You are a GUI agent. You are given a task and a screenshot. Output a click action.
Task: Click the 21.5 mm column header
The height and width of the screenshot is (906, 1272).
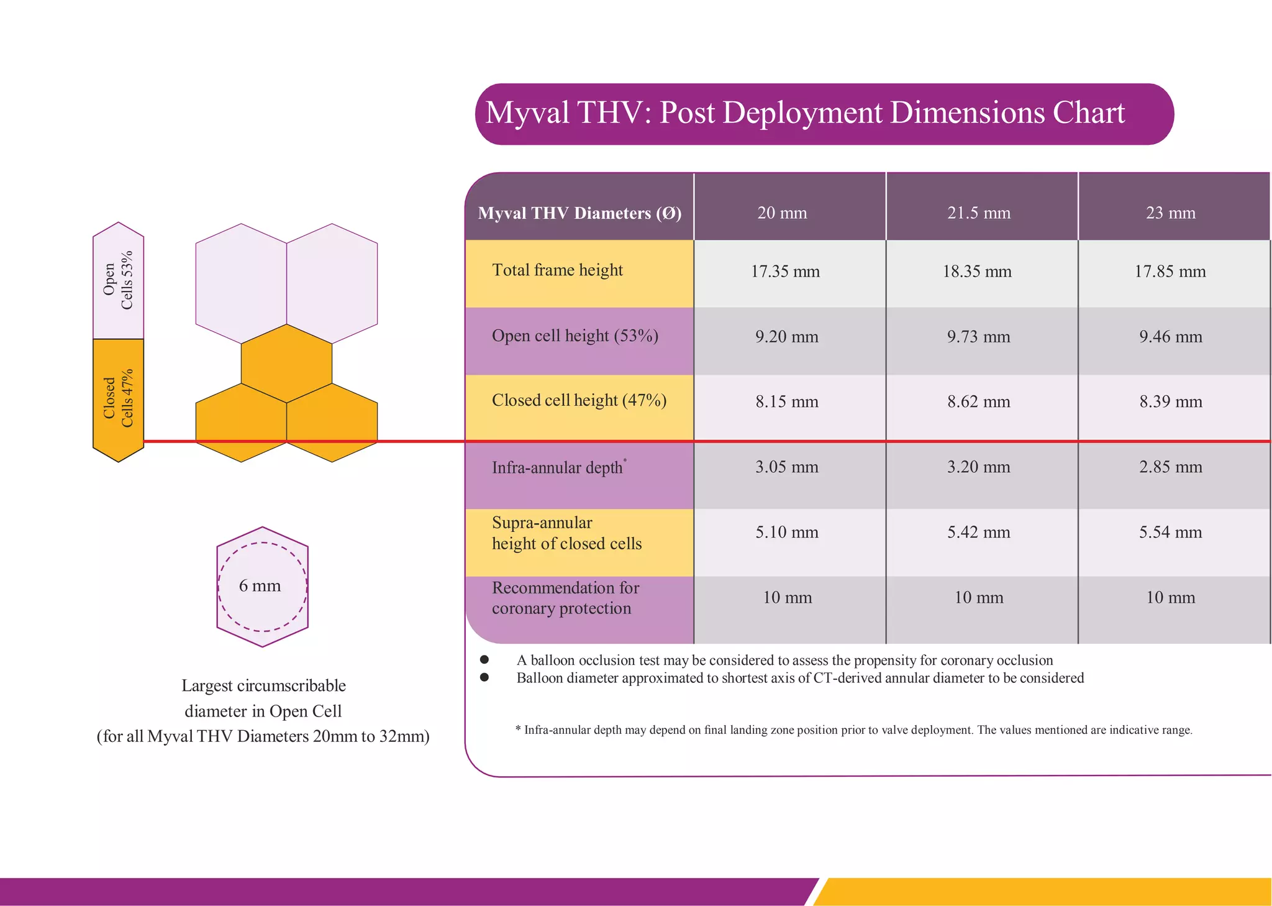[x=979, y=213]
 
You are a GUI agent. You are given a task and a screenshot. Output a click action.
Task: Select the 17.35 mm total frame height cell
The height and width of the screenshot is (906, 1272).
[x=785, y=272]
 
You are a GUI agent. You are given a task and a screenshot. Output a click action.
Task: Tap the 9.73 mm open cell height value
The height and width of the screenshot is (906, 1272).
[x=978, y=337]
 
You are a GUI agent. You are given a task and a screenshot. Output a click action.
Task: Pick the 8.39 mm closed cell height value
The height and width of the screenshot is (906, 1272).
[x=1170, y=402]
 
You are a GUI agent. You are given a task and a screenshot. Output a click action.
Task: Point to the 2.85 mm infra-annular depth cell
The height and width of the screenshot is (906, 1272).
[x=1170, y=467]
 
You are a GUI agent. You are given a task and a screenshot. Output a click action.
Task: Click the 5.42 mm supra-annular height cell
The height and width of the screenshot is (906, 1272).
[x=978, y=533]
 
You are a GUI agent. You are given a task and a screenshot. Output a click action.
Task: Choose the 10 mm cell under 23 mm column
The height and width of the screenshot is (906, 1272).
[x=1170, y=598]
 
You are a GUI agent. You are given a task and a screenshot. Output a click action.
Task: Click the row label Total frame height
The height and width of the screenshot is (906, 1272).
[x=557, y=270]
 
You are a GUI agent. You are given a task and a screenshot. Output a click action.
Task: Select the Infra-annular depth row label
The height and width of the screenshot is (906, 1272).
[x=557, y=467]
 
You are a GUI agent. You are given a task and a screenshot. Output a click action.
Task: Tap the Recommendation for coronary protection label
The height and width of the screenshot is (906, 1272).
[x=565, y=598]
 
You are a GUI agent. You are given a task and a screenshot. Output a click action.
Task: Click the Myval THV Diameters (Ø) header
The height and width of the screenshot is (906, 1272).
[x=579, y=213]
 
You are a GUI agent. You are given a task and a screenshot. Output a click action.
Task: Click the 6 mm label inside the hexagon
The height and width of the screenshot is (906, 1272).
[x=260, y=586]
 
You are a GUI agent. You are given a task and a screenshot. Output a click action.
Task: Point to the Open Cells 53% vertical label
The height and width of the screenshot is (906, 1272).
[x=118, y=280]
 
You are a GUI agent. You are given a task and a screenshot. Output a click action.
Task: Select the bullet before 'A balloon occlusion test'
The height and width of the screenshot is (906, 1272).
[x=484, y=659]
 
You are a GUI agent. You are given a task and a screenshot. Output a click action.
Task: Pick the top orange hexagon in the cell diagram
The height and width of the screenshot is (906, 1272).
[x=286, y=364]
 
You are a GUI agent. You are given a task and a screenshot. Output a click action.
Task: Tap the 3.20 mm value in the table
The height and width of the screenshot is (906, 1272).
[x=978, y=467]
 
